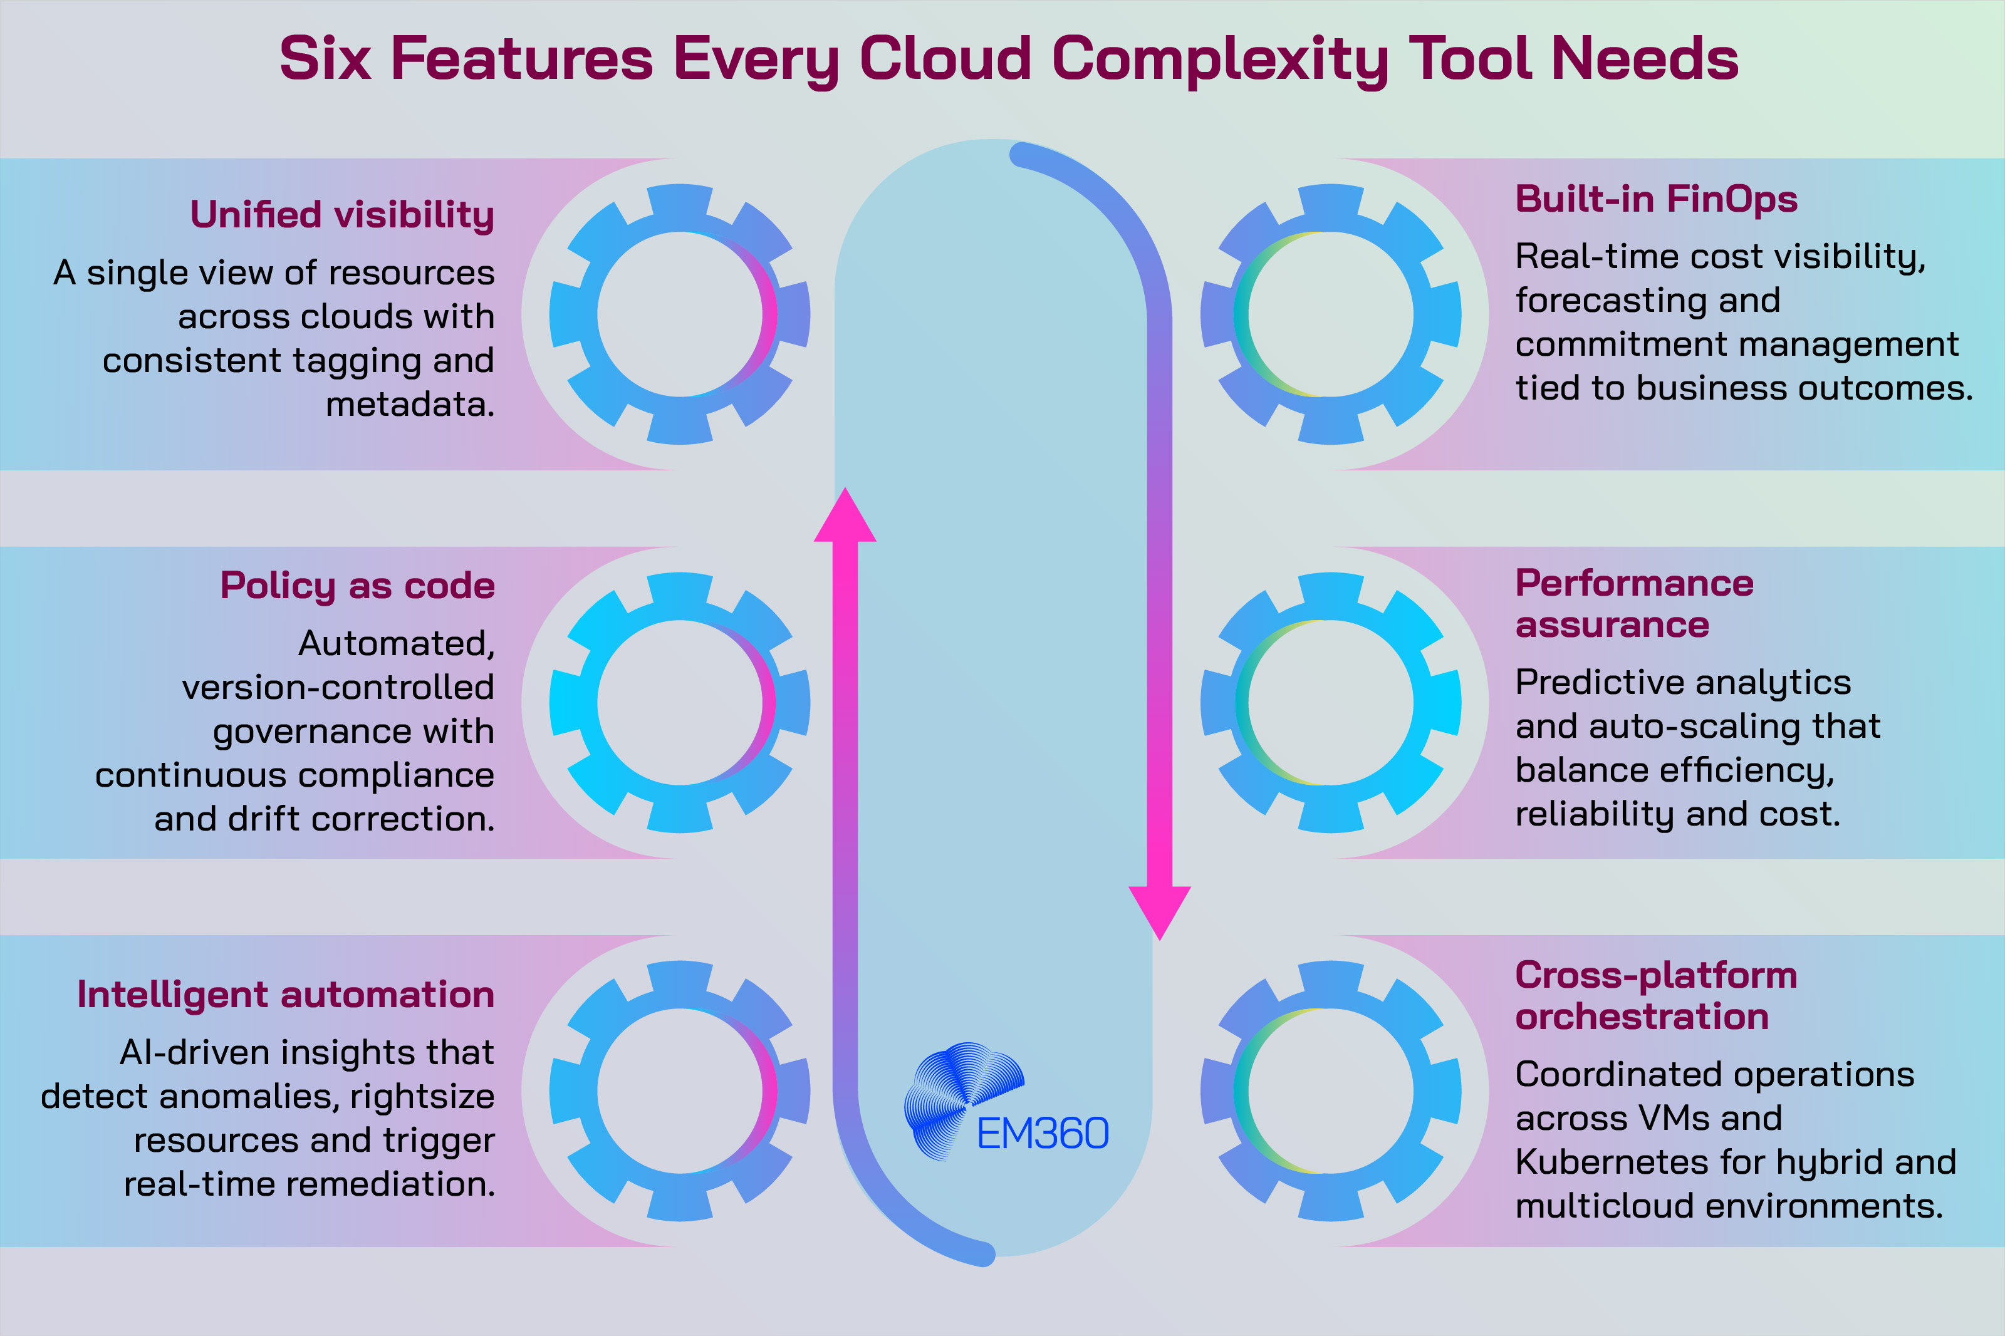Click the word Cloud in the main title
point(945,59)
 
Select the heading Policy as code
point(357,586)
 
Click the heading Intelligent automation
point(286,995)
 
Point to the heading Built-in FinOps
point(1655,199)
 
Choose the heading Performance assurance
point(1633,603)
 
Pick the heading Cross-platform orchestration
point(1655,995)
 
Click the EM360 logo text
point(1042,1133)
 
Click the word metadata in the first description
point(409,404)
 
